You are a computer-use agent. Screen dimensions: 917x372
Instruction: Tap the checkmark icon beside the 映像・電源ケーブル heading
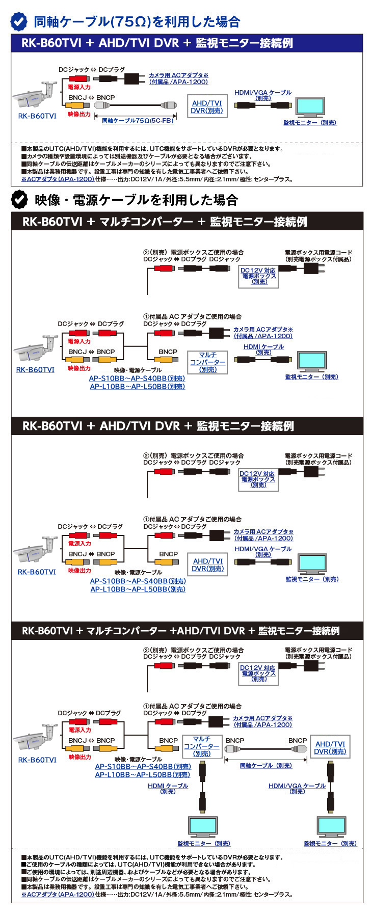click(19, 200)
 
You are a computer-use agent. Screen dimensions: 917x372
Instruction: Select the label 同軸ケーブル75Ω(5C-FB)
click(138, 121)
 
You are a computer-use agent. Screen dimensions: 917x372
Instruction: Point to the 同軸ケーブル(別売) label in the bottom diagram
click(265, 766)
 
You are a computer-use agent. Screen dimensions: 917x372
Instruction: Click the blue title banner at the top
click(187, 43)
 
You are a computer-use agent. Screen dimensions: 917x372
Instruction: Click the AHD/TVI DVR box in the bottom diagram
click(330, 747)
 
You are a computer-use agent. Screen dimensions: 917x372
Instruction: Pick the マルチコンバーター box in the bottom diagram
click(201, 746)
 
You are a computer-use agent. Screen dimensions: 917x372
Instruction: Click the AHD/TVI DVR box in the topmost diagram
click(207, 107)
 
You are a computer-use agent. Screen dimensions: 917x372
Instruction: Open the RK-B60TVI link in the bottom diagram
click(37, 760)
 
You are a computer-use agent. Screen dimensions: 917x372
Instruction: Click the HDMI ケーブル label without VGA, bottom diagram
click(168, 788)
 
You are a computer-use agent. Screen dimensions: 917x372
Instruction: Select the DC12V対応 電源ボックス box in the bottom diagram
click(258, 673)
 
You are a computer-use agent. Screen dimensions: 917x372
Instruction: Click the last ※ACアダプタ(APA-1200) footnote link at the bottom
click(58, 894)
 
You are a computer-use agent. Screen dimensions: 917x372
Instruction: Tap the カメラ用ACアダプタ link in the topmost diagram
click(178, 78)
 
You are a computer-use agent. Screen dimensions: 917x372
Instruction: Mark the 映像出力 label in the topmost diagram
click(79, 114)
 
